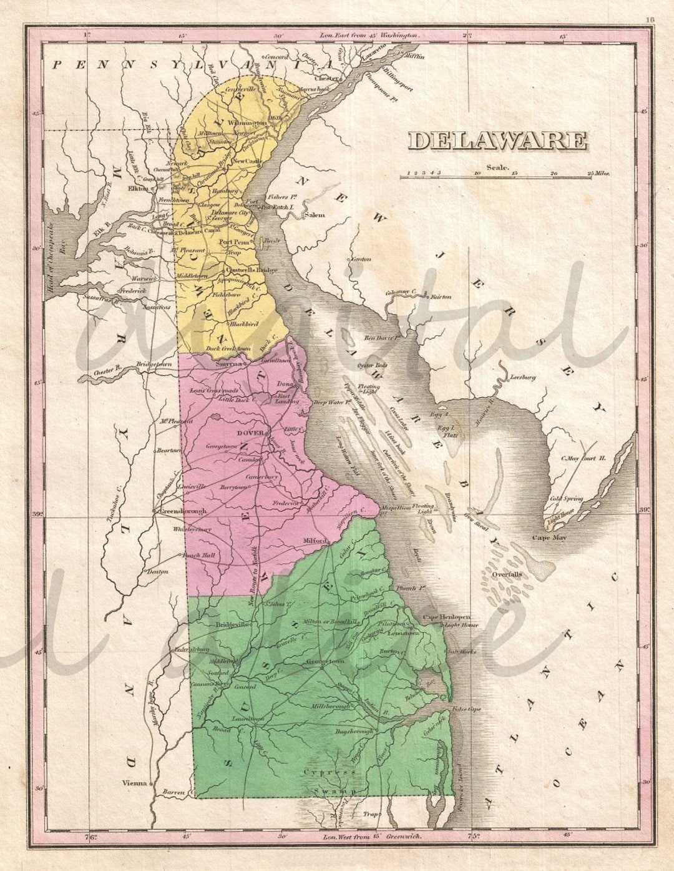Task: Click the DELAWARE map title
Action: point(497,140)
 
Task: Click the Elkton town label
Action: point(139,187)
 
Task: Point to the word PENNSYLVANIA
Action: point(187,64)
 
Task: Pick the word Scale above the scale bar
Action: point(499,167)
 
